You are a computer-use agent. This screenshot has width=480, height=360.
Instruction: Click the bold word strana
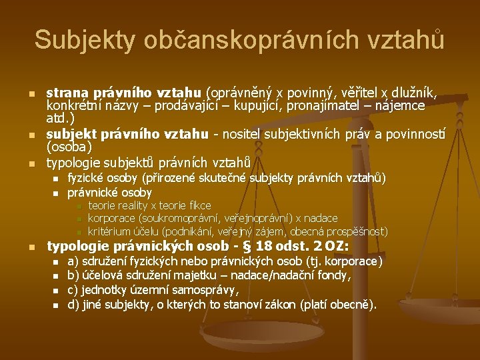pyautogui.click(x=64, y=93)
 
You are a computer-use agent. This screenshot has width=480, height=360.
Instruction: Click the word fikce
pyautogui.click(x=199, y=205)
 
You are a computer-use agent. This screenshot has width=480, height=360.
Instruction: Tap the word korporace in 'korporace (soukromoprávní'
pyautogui.click(x=111, y=218)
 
